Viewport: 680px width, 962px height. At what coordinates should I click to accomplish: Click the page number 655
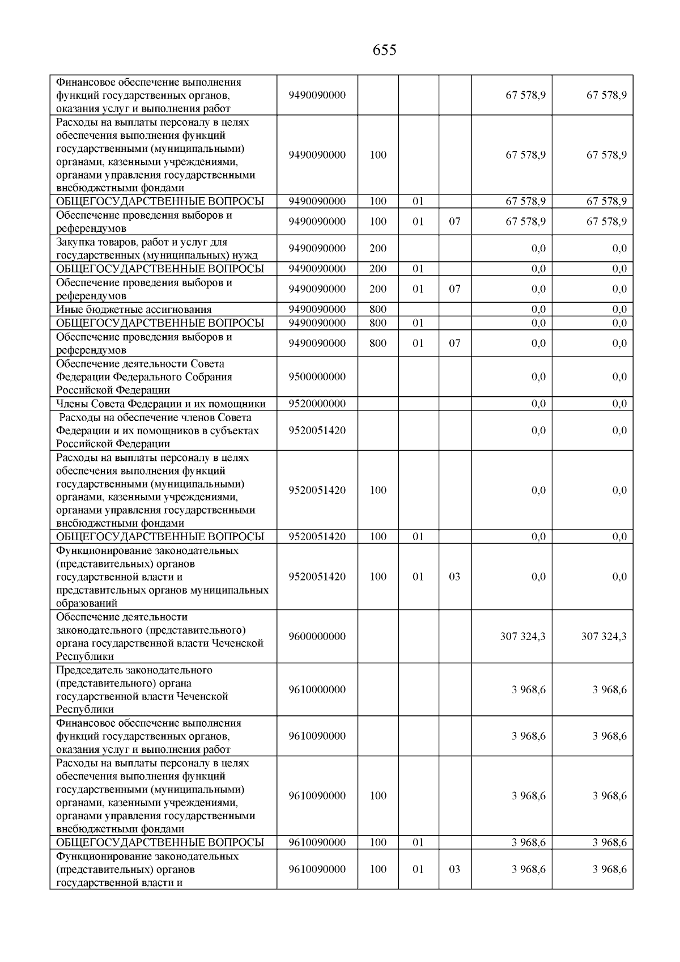[384, 50]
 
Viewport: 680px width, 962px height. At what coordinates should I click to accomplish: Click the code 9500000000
[317, 377]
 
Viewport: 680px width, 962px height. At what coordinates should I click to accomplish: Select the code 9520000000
[317, 404]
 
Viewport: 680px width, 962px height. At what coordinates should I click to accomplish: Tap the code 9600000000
[317, 636]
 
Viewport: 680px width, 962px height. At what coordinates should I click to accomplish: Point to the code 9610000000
[317, 690]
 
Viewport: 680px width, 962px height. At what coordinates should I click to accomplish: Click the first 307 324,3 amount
[522, 636]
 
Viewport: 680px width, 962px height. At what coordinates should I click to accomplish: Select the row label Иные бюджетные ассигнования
[134, 310]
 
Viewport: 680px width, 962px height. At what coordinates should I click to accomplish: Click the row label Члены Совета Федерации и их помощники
[160, 404]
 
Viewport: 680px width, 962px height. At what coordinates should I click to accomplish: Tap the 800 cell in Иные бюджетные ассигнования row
[378, 310]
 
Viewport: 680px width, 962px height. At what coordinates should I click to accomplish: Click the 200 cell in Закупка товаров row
[378, 248]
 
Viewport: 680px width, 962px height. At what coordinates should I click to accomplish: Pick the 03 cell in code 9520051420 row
[454, 577]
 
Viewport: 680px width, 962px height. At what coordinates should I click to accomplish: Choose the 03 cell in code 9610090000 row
[454, 869]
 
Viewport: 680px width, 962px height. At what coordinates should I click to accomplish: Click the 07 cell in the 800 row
[454, 343]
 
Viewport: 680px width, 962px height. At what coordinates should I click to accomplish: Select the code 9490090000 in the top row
[317, 95]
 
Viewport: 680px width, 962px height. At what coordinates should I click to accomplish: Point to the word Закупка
[75, 242]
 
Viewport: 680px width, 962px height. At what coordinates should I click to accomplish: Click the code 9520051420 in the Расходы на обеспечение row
[317, 430]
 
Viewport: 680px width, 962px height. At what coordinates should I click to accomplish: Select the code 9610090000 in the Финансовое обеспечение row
[317, 736]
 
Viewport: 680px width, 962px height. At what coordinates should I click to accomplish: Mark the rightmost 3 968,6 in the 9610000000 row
[609, 690]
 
